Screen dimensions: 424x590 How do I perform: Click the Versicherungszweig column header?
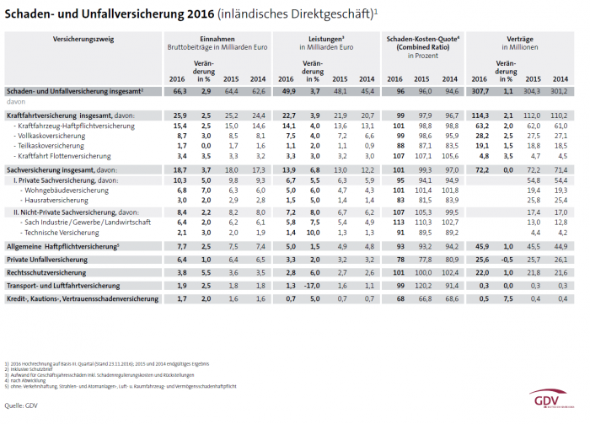(58, 40)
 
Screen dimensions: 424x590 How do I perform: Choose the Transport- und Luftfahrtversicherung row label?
(63, 285)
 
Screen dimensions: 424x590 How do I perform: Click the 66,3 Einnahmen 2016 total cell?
(180, 90)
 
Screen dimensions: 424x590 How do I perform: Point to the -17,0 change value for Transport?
(314, 285)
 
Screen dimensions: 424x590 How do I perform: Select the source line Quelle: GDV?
(22, 406)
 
